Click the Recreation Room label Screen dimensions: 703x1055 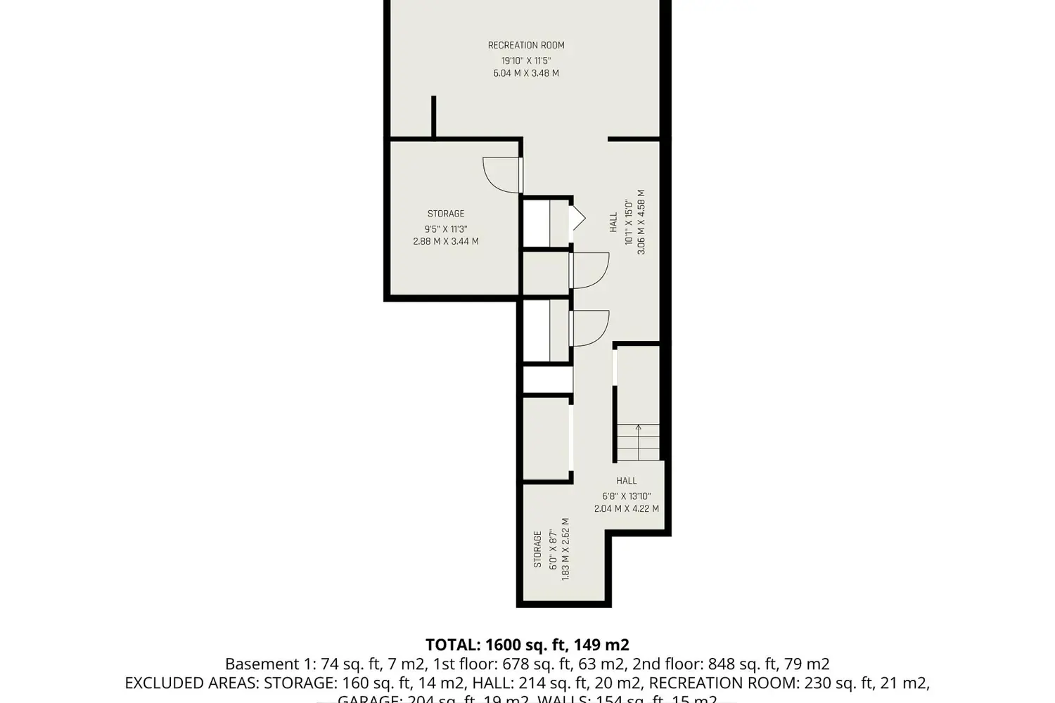[x=526, y=46]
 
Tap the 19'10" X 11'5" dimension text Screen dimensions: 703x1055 [x=526, y=60]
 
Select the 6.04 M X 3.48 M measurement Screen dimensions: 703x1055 [x=526, y=73]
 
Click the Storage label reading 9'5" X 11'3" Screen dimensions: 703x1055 [x=446, y=214]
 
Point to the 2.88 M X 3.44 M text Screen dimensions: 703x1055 [x=446, y=241]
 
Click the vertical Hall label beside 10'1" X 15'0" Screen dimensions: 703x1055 [x=614, y=223]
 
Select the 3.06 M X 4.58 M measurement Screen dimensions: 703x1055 [x=641, y=222]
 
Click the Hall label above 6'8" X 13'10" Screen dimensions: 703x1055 [x=627, y=481]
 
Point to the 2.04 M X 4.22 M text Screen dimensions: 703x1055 [x=627, y=508]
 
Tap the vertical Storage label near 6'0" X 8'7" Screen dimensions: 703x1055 [x=538, y=549]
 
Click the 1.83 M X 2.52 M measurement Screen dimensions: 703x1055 [x=565, y=549]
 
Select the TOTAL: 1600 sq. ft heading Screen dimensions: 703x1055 [x=527, y=645]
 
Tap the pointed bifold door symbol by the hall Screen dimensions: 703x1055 [x=578, y=218]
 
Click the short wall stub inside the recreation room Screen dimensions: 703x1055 [x=434, y=117]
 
